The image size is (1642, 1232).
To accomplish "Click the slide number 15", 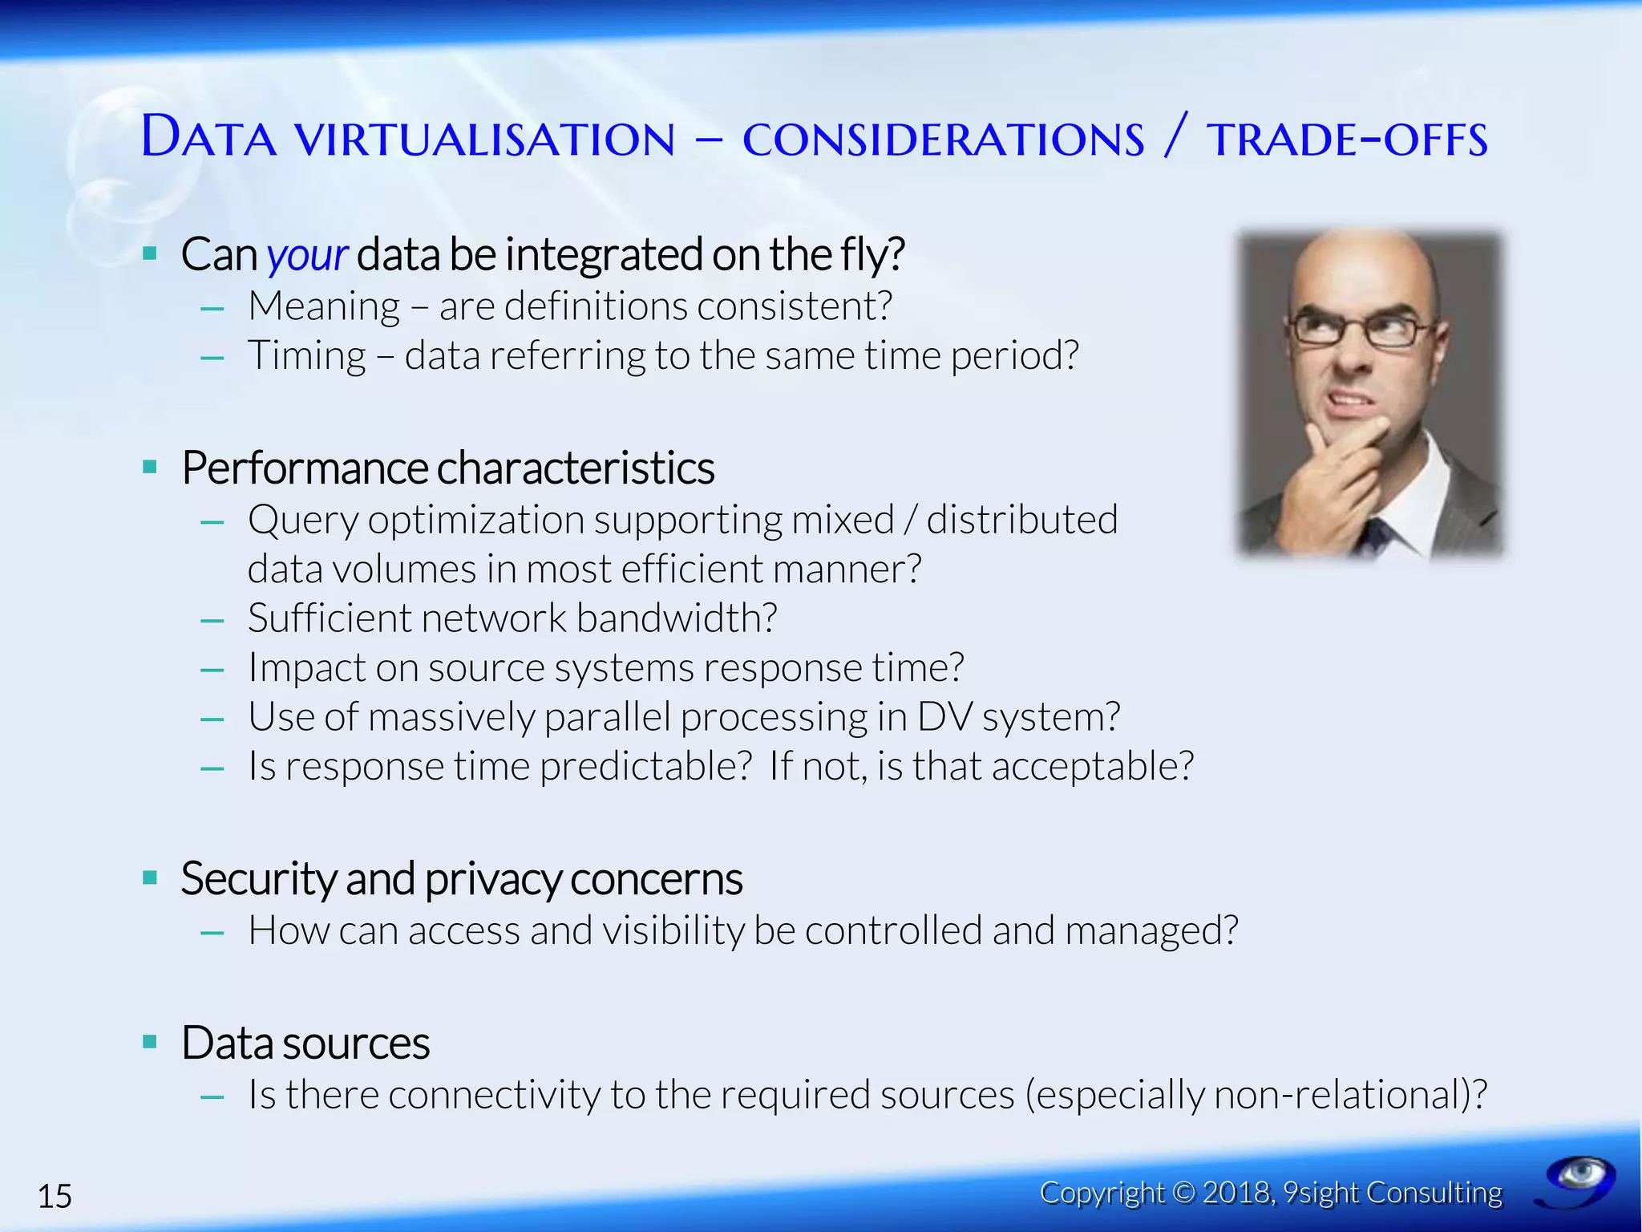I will click(x=55, y=1196).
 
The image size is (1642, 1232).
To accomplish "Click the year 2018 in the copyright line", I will click(x=1237, y=1193).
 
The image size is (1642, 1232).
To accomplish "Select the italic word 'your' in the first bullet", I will click(x=306, y=256).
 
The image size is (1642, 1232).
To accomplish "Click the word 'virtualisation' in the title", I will click(x=485, y=139).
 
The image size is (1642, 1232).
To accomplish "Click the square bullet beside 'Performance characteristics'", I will click(x=150, y=467).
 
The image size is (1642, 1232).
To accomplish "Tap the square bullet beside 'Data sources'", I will click(x=150, y=1042).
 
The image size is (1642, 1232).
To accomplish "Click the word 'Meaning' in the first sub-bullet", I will click(x=324, y=307).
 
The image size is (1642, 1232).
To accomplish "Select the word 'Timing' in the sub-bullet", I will click(x=307, y=356).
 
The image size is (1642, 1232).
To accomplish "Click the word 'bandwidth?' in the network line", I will click(x=677, y=618).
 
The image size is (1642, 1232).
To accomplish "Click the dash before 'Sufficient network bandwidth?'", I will click(x=212, y=620).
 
